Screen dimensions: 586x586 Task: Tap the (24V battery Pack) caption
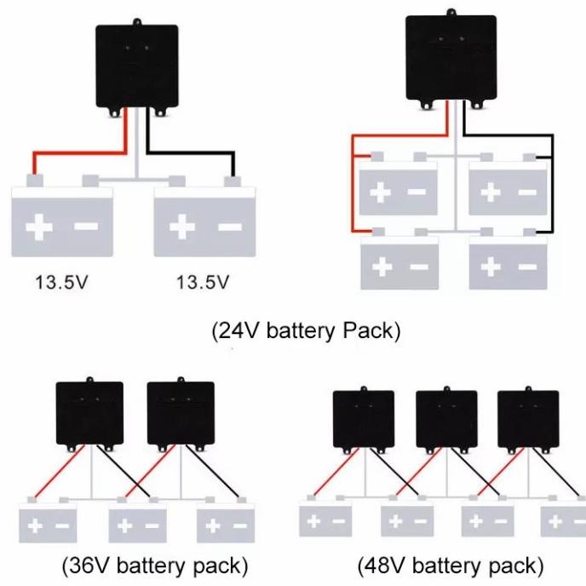click(305, 330)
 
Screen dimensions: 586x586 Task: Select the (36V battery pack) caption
click(155, 565)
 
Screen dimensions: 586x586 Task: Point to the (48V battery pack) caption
click(449, 565)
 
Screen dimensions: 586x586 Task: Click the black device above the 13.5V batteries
click(136, 66)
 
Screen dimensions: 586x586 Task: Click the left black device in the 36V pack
click(89, 414)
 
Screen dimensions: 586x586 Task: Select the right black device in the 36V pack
click(180, 414)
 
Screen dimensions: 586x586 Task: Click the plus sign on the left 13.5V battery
click(38, 227)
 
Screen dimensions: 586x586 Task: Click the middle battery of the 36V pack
click(136, 524)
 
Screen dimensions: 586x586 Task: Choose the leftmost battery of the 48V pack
click(326, 520)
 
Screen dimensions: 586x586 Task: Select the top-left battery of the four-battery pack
click(398, 192)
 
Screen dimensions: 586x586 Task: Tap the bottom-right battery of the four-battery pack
click(508, 266)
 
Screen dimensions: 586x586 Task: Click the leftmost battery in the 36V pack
click(48, 524)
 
